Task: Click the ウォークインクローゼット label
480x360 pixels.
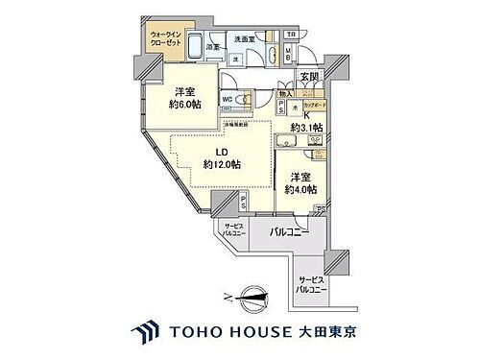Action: pos(169,42)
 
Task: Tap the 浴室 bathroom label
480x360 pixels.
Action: pos(214,45)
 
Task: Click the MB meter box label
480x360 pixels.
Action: pos(289,58)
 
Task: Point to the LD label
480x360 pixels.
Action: pos(222,151)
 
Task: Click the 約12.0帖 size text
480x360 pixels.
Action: pos(222,165)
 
